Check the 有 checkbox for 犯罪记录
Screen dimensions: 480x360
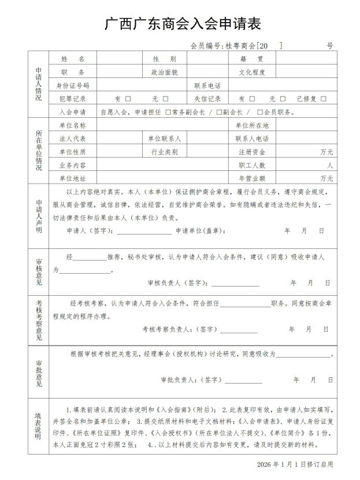(x=128, y=99)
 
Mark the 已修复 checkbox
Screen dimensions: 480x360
(x=324, y=99)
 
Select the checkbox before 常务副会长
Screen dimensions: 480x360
(x=168, y=112)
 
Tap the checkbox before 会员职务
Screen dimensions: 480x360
(x=260, y=112)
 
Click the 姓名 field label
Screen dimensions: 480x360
(x=73, y=59)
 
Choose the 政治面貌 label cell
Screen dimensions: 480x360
(x=165, y=72)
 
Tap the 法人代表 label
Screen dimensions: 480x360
(x=73, y=139)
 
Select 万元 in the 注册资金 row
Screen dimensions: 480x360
(x=326, y=152)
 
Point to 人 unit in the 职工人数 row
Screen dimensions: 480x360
(x=330, y=165)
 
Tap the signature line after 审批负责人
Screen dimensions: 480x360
(x=243, y=381)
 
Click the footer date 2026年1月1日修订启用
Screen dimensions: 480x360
(x=295, y=464)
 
